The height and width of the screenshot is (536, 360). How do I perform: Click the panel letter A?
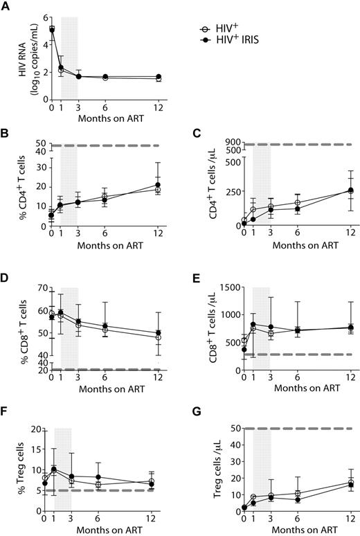[x=6, y=6]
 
